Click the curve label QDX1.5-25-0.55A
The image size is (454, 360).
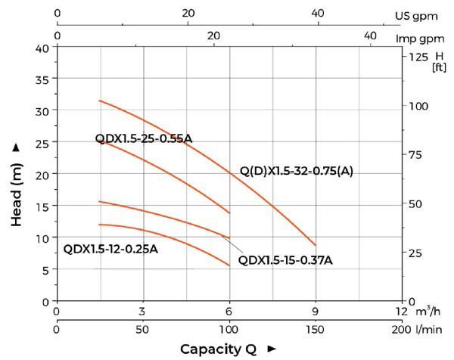(x=144, y=138)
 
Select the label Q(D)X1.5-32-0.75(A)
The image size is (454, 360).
(x=297, y=171)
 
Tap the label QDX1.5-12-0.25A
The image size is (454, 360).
(x=110, y=249)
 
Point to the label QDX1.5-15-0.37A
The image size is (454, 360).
(x=285, y=261)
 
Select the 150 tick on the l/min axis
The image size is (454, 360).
(x=316, y=331)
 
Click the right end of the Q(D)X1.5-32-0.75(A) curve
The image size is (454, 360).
(x=315, y=245)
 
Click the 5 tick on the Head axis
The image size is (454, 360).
(x=46, y=269)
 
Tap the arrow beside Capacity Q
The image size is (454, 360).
(x=272, y=349)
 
